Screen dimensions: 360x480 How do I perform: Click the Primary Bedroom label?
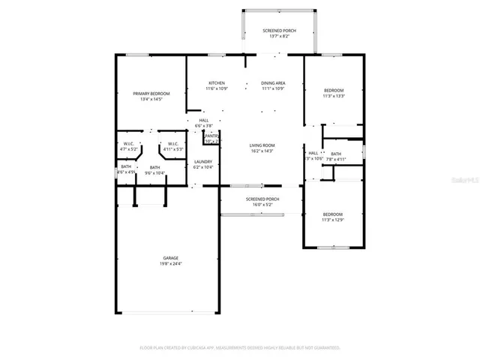151,94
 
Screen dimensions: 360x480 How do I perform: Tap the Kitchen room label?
217,83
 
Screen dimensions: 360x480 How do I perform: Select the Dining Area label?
273,83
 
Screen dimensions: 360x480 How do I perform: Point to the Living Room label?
262,145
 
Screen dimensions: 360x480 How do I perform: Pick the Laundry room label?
203,161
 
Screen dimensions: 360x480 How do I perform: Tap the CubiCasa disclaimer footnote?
240,348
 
